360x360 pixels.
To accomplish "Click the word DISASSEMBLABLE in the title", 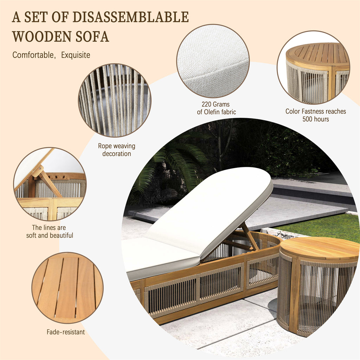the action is (x=130, y=17).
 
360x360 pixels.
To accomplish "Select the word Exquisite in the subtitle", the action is (x=76, y=55).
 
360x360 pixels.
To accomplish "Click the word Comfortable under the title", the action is (x=33, y=55).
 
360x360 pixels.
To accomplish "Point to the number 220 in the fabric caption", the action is (x=206, y=104).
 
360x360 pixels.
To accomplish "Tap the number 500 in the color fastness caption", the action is (x=307, y=119).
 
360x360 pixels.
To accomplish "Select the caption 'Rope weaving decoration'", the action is (x=117, y=150).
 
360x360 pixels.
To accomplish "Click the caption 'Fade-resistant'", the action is (x=66, y=332).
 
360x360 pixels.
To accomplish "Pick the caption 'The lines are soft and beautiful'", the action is (x=49, y=231).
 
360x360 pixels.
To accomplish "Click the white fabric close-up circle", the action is (x=213, y=61).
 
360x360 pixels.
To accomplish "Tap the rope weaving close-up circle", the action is (x=115, y=100).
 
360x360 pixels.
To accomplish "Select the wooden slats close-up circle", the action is (x=67, y=288).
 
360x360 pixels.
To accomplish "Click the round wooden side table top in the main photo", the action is (x=319, y=247).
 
